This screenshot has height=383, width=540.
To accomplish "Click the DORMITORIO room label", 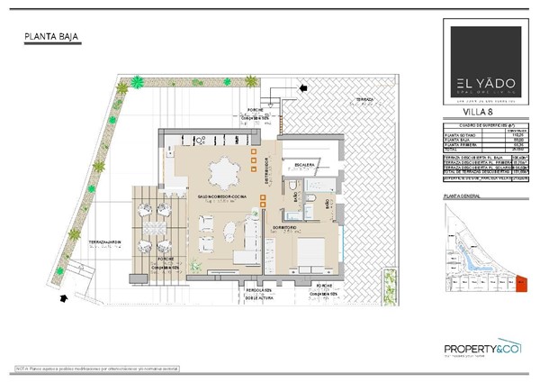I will tap(288, 228).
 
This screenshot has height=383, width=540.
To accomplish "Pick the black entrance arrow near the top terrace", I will tap(303, 88).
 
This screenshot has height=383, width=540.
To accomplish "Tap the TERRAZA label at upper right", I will tap(364, 97).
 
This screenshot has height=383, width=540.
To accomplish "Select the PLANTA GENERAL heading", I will tap(454, 195).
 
